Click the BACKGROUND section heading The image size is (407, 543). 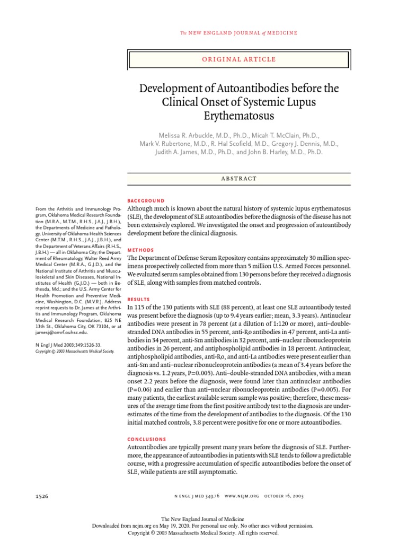point(147,201)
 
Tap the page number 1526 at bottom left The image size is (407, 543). point(42,496)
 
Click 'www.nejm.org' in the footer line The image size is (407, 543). point(242,496)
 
